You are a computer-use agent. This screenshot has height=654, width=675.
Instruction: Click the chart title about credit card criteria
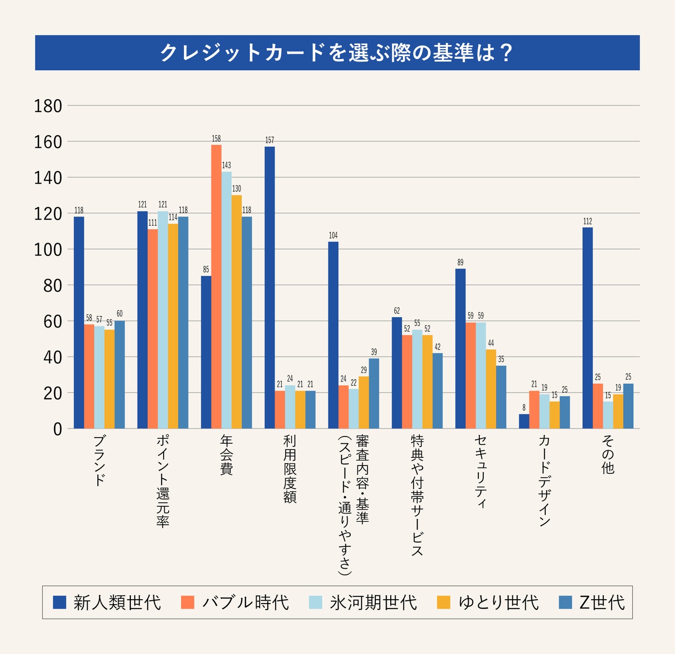(x=337, y=53)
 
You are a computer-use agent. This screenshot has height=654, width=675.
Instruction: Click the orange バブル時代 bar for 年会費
(x=216, y=286)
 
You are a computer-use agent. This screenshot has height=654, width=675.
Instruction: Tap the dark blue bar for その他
(x=587, y=328)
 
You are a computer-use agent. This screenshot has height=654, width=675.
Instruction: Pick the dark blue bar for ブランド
(x=79, y=322)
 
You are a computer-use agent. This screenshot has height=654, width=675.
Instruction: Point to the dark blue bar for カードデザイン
(x=524, y=421)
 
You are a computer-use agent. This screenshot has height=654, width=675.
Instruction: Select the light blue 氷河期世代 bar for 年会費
(x=227, y=300)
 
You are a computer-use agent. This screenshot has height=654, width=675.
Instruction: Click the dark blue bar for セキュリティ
(x=460, y=348)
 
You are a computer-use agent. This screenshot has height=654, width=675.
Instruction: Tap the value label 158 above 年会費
(x=216, y=139)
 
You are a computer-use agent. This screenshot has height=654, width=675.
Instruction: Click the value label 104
(x=333, y=236)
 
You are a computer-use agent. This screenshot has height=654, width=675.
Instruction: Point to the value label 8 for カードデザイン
(x=524, y=408)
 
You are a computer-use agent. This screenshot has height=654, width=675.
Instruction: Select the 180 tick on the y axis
(x=48, y=106)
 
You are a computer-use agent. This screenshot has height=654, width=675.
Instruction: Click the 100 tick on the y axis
(x=48, y=249)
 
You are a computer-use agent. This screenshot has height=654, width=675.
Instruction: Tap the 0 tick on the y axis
(x=58, y=429)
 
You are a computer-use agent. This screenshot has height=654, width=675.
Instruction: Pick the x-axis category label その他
(x=608, y=454)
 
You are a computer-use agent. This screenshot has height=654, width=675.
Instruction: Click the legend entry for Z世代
(x=602, y=603)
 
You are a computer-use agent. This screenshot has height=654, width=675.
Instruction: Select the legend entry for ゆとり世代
(x=498, y=603)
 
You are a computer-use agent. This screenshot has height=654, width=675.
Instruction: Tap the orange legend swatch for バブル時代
(x=187, y=602)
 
